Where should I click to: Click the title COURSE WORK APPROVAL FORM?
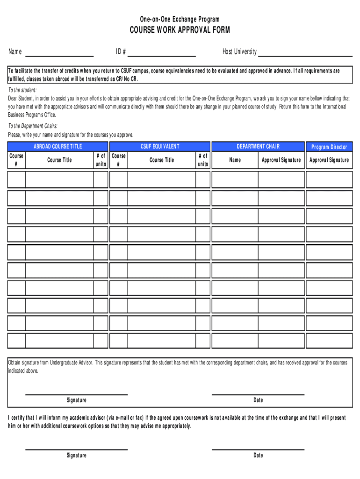tap(180, 30)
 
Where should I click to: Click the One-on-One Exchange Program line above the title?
tap(180, 19)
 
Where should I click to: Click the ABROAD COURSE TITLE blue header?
tap(58, 146)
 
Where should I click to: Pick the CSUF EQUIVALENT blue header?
tap(159, 146)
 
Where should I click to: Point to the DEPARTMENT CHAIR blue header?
tap(258, 146)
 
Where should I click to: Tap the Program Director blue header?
tap(329, 147)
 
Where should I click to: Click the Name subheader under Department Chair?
tap(235, 160)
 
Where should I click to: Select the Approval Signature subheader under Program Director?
tap(329, 160)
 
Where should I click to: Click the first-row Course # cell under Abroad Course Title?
tap(16, 180)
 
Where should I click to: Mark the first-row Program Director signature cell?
tap(329, 180)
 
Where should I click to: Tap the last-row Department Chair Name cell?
tap(235, 340)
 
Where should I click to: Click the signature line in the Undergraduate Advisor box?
tap(76, 393)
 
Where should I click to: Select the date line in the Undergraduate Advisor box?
tap(258, 393)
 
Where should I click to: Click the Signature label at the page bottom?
tap(76, 455)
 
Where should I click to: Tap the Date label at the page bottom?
tap(258, 455)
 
